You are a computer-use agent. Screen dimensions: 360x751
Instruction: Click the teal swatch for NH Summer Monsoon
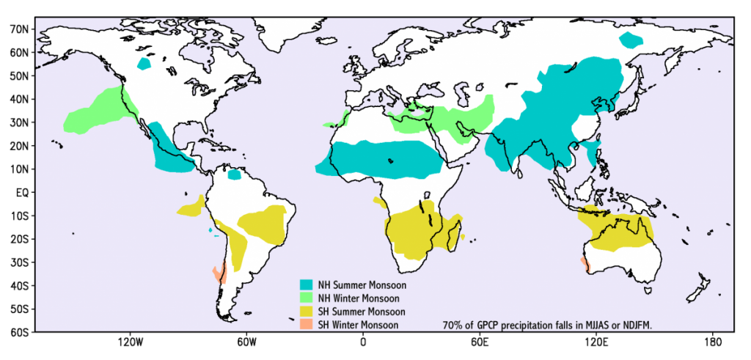click(307, 284)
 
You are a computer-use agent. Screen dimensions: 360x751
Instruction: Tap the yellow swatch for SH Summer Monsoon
click(307, 312)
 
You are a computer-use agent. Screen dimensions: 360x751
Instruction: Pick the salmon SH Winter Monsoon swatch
click(307, 325)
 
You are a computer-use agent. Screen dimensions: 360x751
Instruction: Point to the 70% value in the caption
click(453, 325)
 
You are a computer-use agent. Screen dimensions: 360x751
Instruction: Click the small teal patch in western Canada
click(144, 64)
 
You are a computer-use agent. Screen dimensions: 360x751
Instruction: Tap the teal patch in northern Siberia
click(630, 40)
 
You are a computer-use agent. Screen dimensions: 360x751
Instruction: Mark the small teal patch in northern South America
click(235, 175)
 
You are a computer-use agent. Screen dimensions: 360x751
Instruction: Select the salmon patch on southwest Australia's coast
click(584, 263)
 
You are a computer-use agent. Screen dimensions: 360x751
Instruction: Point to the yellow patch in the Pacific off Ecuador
click(191, 207)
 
